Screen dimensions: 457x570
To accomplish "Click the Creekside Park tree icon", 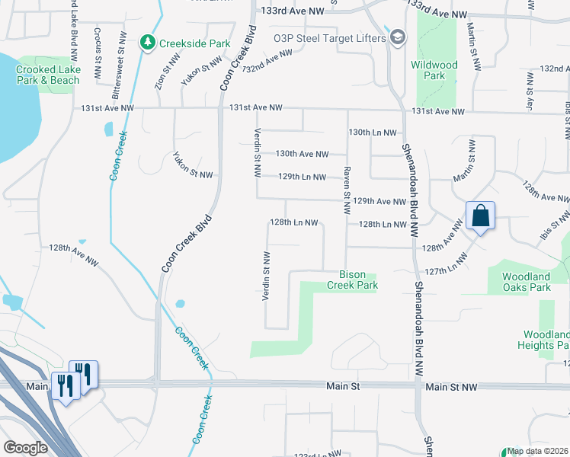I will tap(148, 43).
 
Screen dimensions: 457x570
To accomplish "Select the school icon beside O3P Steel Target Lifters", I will tap(396, 37).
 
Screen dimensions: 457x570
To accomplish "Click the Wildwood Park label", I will tap(434, 70).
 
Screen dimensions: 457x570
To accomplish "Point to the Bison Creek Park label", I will tap(352, 280).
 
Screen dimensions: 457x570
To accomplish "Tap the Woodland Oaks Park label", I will tap(526, 282).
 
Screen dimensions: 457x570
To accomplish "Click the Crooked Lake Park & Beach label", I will tap(48, 75).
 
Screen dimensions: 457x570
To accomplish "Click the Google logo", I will tap(25, 448).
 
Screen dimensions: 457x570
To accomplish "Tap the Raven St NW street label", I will tap(346, 184).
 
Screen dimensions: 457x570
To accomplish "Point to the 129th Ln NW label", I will tap(302, 177).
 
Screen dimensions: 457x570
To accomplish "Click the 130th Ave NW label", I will tap(302, 154).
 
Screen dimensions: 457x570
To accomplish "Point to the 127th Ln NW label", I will tap(446, 271).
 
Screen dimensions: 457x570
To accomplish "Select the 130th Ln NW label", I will tap(373, 132).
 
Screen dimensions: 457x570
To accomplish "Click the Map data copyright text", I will tap(537, 451).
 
